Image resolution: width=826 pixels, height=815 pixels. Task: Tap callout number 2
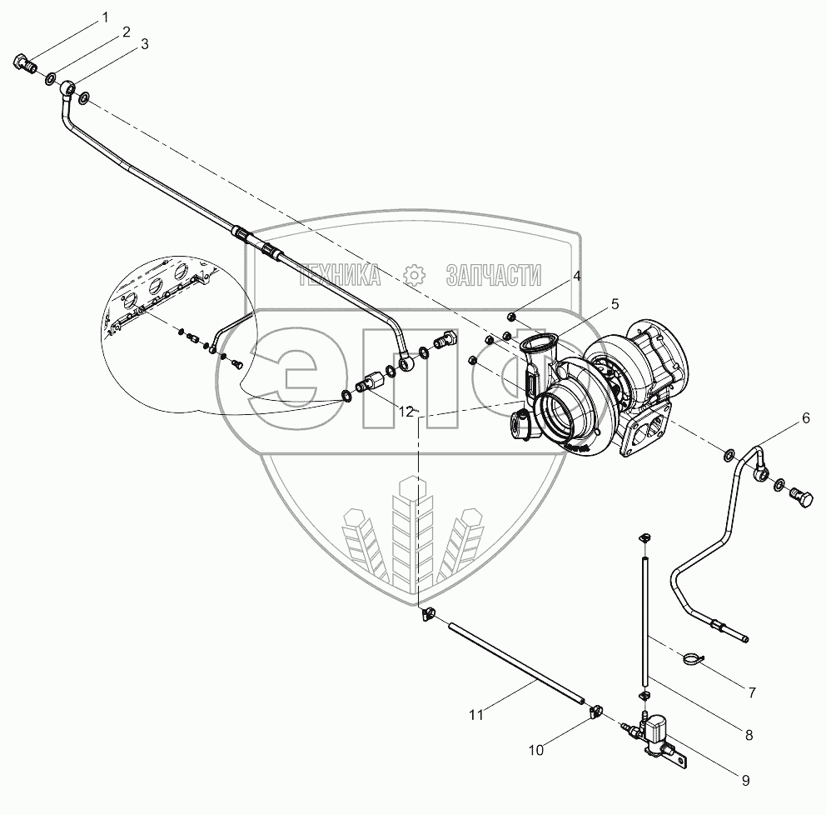point(126,32)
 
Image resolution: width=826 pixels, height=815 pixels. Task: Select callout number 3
point(145,45)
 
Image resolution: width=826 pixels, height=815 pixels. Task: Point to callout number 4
point(576,275)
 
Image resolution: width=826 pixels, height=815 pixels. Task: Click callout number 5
point(615,303)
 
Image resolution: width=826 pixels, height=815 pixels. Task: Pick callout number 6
point(805,420)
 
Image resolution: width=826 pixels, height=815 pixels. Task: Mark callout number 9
point(745,781)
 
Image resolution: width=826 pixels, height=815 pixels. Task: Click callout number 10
point(536,750)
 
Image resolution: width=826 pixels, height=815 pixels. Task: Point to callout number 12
point(406,412)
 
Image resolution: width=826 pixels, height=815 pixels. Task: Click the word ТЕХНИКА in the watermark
point(342,274)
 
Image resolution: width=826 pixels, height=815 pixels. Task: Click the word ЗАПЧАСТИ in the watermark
point(493,274)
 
